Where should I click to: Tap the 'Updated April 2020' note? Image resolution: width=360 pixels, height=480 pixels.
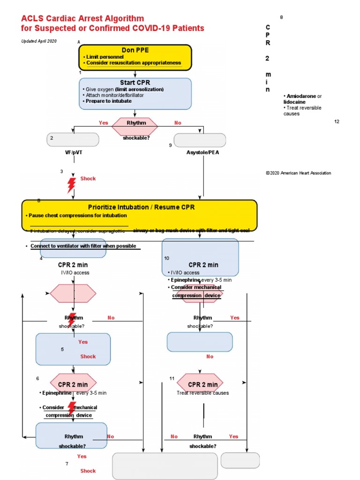pos(39,41)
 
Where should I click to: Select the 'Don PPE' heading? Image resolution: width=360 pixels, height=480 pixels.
pos(135,50)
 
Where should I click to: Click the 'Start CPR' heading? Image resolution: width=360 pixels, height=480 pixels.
pos(135,83)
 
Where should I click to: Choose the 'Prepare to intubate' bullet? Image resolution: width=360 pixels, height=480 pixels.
pos(108,101)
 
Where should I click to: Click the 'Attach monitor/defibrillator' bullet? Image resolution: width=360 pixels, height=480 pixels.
pos(114,95)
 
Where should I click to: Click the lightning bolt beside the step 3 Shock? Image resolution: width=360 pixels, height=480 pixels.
pos(71,185)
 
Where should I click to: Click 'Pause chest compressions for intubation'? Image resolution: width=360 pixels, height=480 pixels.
pos(77,216)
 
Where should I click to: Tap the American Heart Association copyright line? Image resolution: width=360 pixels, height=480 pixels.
pos(298,173)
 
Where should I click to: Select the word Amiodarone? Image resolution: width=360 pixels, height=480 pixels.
pos(300,96)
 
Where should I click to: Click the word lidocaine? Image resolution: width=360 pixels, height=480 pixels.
pos(294,102)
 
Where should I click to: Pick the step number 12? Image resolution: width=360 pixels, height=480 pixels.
pos(337,121)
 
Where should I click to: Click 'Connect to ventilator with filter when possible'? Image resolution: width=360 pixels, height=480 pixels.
pos(83,246)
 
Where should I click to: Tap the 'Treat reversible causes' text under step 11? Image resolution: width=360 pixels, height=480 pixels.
pos(202,393)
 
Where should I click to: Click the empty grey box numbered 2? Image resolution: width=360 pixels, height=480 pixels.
pos(73,140)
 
